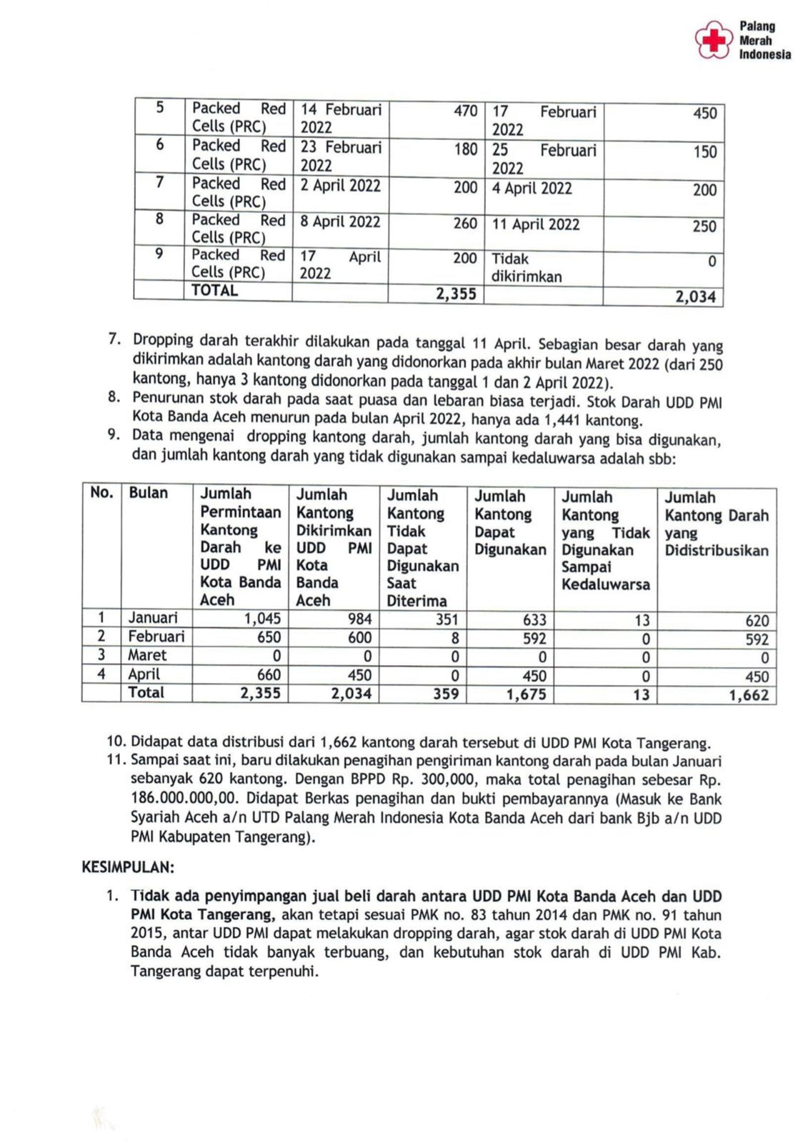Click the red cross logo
point(714,40)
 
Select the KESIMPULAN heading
point(128,867)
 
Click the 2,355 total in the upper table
point(456,294)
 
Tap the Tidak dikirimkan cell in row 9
point(527,268)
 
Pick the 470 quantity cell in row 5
point(465,111)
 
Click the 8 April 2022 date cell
point(340,221)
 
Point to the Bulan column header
point(148,493)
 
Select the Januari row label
point(152,618)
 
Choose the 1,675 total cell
point(526,694)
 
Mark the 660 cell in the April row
point(269,675)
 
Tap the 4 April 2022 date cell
point(532,189)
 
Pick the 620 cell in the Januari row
point(757,621)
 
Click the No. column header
point(101,493)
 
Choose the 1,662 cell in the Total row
point(748,695)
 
